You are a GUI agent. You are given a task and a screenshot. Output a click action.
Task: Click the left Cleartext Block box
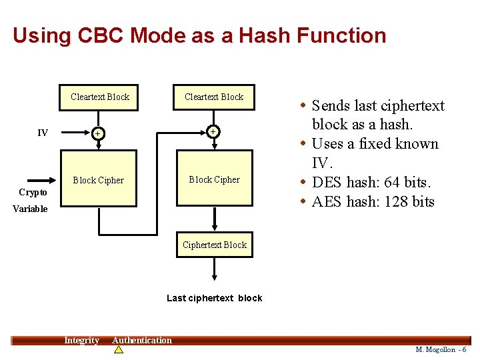[100, 97]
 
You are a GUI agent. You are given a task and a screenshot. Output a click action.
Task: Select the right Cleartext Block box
[214, 97]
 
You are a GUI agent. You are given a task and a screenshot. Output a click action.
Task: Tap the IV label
[43, 133]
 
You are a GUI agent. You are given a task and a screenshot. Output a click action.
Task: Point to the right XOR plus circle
[213, 132]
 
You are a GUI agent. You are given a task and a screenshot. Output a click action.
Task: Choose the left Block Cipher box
[98, 180]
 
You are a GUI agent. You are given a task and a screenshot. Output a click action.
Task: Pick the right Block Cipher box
[214, 179]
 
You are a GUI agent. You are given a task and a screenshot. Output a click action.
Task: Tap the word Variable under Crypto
[30, 209]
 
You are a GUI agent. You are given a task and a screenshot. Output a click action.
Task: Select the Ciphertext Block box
[214, 245]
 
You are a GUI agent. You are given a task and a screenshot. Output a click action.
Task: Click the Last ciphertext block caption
[214, 298]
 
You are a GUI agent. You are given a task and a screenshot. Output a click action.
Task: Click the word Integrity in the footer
[81, 341]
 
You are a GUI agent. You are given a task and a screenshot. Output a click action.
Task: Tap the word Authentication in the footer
[141, 341]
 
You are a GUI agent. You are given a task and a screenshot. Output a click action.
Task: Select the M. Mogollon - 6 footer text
[441, 350]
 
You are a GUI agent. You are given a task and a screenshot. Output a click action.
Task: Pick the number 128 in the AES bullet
[395, 201]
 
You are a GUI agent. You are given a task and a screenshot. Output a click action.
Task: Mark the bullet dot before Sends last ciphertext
[303, 106]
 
